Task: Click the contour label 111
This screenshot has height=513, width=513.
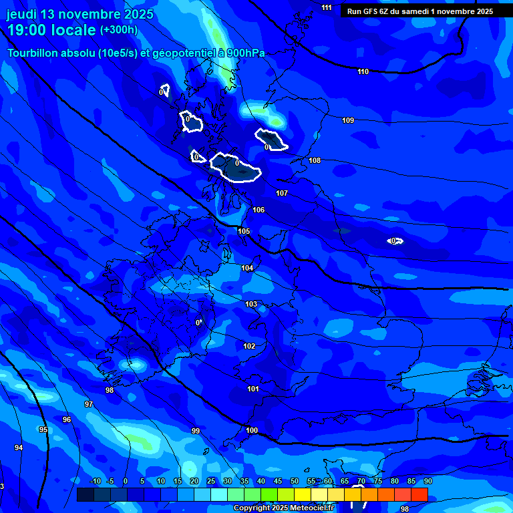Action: click(x=326, y=7)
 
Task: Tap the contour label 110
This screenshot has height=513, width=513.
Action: click(x=363, y=71)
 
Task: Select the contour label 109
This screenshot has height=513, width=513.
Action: click(x=348, y=120)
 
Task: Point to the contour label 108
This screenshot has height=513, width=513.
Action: click(x=315, y=160)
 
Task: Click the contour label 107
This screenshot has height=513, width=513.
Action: click(x=282, y=193)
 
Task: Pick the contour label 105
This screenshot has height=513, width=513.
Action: click(x=244, y=231)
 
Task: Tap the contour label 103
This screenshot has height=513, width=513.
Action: click(x=251, y=304)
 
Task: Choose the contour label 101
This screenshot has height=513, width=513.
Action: click(x=253, y=389)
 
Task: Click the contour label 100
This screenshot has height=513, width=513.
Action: click(x=252, y=430)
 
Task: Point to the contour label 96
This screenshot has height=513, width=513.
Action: click(x=67, y=419)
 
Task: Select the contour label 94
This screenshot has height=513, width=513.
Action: click(x=19, y=448)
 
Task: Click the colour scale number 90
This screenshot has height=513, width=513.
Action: click(x=427, y=481)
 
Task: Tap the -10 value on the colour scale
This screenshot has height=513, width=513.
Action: click(x=95, y=481)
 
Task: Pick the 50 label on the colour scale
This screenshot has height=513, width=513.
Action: click(x=294, y=481)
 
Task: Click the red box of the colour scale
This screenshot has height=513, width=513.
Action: click(x=419, y=494)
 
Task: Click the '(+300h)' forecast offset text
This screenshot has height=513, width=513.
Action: click(x=119, y=30)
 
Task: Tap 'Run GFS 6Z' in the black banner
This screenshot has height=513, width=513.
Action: click(x=368, y=11)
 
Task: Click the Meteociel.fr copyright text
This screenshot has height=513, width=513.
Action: click(x=283, y=508)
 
